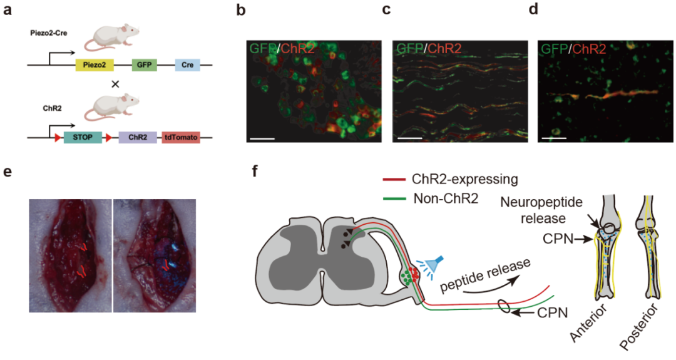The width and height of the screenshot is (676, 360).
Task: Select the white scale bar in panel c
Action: click(x=407, y=135)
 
